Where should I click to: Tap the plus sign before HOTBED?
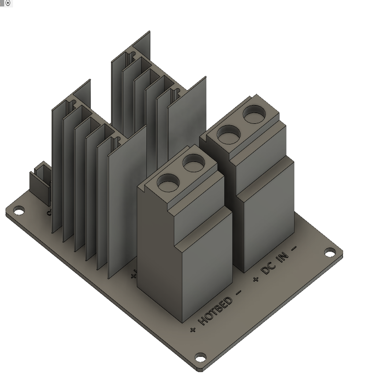coord(193,330)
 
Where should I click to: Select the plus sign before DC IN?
coord(256,279)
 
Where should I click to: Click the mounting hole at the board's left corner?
coord(19,211)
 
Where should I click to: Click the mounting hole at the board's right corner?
coord(330,252)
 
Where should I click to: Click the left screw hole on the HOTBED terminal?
coord(168,182)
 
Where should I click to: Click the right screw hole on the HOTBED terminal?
coord(194,163)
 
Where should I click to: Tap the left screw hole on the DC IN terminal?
coord(229,134)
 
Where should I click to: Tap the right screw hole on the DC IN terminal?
coord(254,115)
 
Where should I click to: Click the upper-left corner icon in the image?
coord(7,3)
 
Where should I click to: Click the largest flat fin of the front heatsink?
coord(126,201)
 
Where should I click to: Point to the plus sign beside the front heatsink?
coord(134,275)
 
